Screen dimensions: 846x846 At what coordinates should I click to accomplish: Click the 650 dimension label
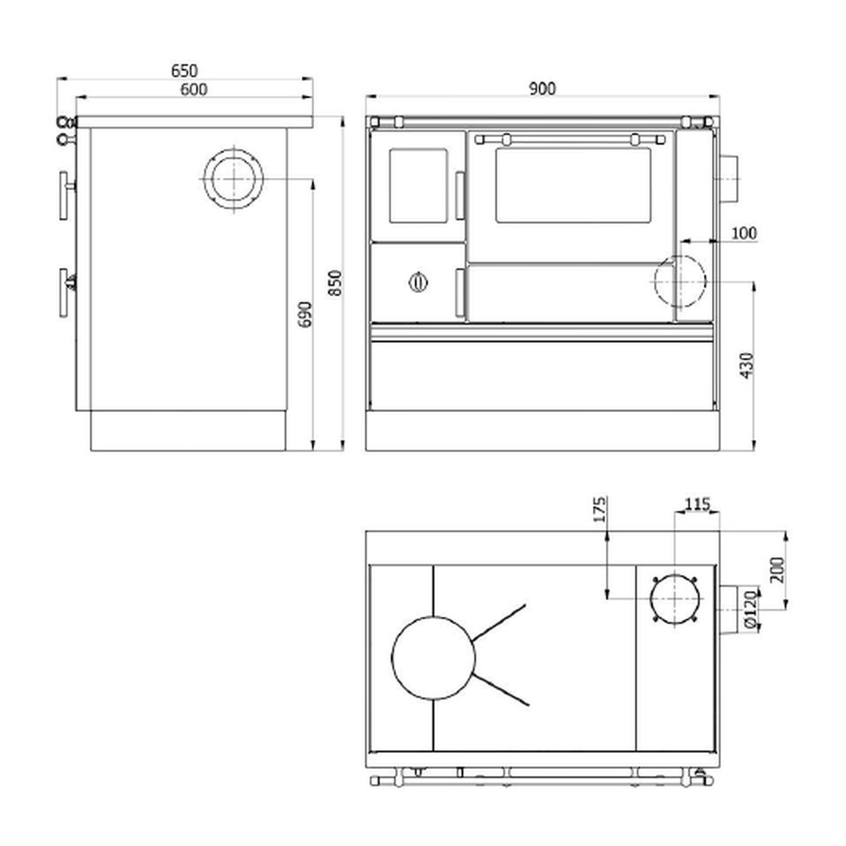[x=184, y=71]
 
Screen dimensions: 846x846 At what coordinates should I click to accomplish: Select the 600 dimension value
[x=193, y=90]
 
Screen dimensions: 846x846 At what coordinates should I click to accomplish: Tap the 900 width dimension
[x=542, y=89]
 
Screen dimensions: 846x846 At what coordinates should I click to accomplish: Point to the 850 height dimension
[x=335, y=283]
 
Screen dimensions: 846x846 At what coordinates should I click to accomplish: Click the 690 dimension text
[x=305, y=314]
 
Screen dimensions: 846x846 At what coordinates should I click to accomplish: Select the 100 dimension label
[x=743, y=233]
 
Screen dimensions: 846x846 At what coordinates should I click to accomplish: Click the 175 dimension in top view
[x=600, y=509]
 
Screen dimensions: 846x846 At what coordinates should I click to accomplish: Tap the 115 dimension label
[x=697, y=504]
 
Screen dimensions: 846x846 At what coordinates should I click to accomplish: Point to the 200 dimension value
[x=777, y=570]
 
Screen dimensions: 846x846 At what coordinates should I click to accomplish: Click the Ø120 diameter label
[x=750, y=609]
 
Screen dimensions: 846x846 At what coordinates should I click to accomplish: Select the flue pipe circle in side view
[x=233, y=179]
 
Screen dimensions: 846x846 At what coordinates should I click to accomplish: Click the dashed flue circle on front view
[x=680, y=281]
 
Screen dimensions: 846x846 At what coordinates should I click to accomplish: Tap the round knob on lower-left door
[x=417, y=281]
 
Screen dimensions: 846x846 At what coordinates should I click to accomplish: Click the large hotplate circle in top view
[x=433, y=658]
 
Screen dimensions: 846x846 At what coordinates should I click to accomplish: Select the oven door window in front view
[x=573, y=185]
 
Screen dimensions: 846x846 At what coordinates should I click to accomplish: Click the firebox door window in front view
[x=418, y=185]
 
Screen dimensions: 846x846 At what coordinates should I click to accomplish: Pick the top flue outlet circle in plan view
[x=675, y=600]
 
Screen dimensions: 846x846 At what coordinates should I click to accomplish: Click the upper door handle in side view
[x=65, y=196]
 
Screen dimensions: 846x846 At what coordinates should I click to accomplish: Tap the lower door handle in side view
[x=65, y=293]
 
